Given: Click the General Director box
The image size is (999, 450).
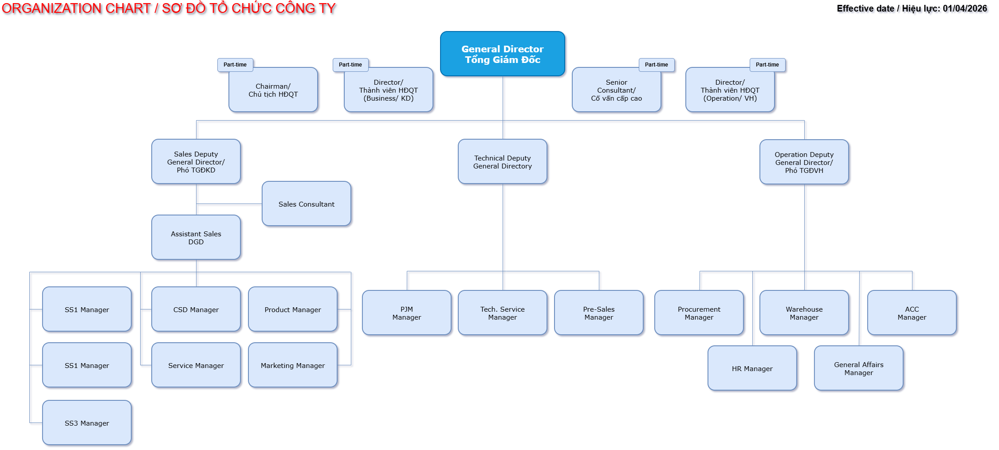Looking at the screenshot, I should point(502,54).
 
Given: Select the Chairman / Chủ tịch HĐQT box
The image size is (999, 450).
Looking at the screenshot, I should point(273,90).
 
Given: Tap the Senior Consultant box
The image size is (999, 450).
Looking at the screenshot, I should point(616,90).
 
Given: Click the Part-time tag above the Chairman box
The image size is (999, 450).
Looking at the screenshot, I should point(235,65).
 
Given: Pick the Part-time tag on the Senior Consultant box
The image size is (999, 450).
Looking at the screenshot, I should point(656,65).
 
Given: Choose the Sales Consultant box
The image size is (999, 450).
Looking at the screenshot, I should point(306,204).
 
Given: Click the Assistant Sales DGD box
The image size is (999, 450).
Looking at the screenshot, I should point(196,238).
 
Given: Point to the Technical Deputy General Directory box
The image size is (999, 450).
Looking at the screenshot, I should point(502,162).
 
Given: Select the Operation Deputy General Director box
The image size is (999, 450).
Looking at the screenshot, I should point(804,162).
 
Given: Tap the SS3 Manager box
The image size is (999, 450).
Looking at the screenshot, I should point(87,423).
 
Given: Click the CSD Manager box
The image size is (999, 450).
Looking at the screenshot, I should point(196,309).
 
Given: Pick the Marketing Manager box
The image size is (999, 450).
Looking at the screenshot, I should point(293,365).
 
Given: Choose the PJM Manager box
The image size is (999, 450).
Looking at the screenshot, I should point(406,313).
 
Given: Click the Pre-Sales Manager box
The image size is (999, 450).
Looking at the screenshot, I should point(598,313).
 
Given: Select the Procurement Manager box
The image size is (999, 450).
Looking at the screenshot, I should point(699,313).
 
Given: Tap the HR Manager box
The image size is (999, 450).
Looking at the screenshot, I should point(752,368).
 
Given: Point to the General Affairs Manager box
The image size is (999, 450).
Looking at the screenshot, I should point(858,368).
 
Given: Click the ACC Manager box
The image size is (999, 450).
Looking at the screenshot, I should point(912,313).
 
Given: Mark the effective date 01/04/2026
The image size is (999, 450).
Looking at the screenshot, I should point(965,8).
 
